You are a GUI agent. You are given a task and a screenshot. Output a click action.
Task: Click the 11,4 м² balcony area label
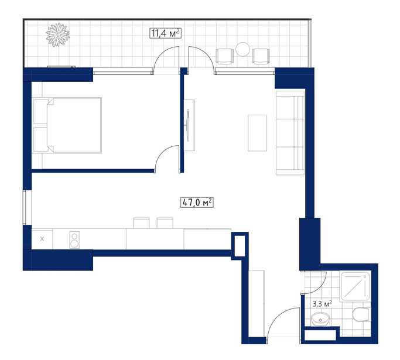click(165, 33)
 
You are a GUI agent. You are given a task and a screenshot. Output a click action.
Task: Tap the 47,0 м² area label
click(197, 203)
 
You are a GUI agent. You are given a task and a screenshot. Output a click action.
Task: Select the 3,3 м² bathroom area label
click(322, 304)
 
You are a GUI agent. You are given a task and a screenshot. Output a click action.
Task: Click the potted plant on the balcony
click(57, 35)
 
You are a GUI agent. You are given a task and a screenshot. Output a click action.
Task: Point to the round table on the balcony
click(242, 49)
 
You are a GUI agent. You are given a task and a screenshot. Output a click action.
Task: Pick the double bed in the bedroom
click(67, 125)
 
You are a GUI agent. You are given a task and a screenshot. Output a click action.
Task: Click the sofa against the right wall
click(290, 133)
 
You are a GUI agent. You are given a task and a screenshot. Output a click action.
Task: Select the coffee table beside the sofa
click(258, 133)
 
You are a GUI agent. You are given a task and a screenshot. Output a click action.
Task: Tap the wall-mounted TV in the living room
click(188, 125)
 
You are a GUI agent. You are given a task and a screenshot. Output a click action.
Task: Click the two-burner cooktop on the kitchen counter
click(74, 239)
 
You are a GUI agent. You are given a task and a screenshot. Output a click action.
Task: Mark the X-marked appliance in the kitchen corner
click(42, 239)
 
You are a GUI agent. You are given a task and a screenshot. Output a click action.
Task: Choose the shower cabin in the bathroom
click(355, 286)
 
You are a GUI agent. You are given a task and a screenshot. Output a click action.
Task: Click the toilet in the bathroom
click(361, 314)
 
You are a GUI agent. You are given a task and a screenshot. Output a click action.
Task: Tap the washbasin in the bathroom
click(320, 319)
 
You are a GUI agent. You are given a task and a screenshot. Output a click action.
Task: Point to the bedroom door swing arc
click(161, 152)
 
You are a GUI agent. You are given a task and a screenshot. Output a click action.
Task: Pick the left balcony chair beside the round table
click(224, 56)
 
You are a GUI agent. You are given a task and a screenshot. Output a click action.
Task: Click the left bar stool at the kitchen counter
click(141, 223)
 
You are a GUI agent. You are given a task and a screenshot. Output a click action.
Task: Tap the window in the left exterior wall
click(25, 208)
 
